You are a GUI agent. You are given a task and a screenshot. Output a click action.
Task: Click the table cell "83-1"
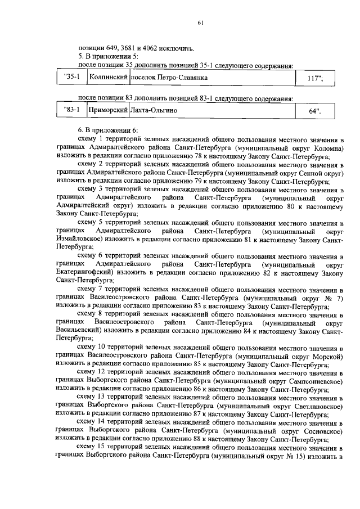pyautogui.click(x=73, y=111)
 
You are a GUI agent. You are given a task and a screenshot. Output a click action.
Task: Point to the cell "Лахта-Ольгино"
pyautogui.click(x=154, y=111)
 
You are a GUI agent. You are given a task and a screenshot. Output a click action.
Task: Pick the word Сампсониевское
pyautogui.click(x=316, y=380)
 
